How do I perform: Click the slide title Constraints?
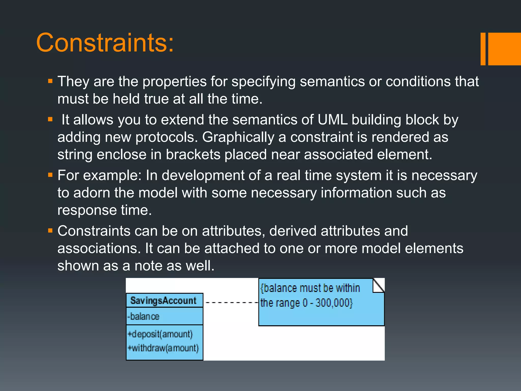coord(105,43)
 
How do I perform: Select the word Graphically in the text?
coord(238,137)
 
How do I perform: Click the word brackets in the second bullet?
coord(193,155)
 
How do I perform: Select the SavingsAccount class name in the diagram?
coord(163,301)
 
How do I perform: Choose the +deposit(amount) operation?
coord(160,334)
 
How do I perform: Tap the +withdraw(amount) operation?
coord(163,348)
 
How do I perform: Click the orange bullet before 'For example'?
coord(50,175)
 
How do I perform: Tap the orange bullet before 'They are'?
coord(50,81)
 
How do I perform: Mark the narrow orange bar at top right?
coord(483,49)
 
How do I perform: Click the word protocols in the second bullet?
coord(166,137)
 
